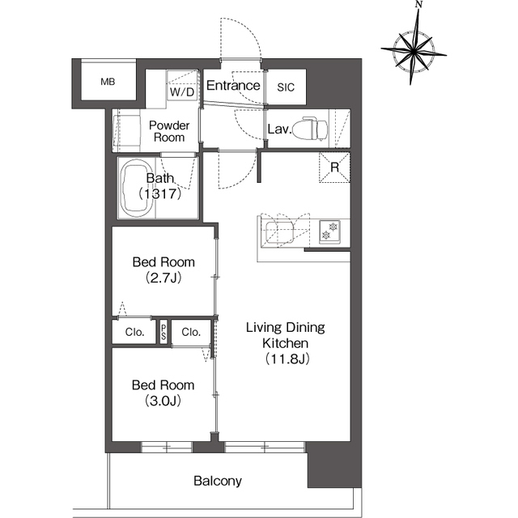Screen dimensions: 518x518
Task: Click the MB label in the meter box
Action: pyautogui.click(x=108, y=82)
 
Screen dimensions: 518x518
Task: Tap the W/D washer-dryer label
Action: pyautogui.click(x=181, y=91)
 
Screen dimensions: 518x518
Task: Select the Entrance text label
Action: pyautogui.click(x=233, y=86)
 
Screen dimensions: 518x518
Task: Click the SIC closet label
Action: pyautogui.click(x=287, y=87)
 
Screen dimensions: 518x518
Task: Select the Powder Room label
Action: pyautogui.click(x=169, y=131)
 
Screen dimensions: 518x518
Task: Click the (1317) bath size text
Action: pyautogui.click(x=158, y=194)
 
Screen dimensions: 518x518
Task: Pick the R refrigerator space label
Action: pyautogui.click(x=333, y=168)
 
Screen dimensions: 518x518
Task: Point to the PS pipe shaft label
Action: pyautogui.click(x=163, y=332)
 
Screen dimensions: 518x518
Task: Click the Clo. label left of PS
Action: pyautogui.click(x=134, y=332)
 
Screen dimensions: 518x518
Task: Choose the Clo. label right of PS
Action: pyautogui.click(x=191, y=332)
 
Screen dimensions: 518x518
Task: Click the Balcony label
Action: pyautogui.click(x=217, y=481)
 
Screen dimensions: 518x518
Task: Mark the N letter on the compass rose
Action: pyautogui.click(x=418, y=5)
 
